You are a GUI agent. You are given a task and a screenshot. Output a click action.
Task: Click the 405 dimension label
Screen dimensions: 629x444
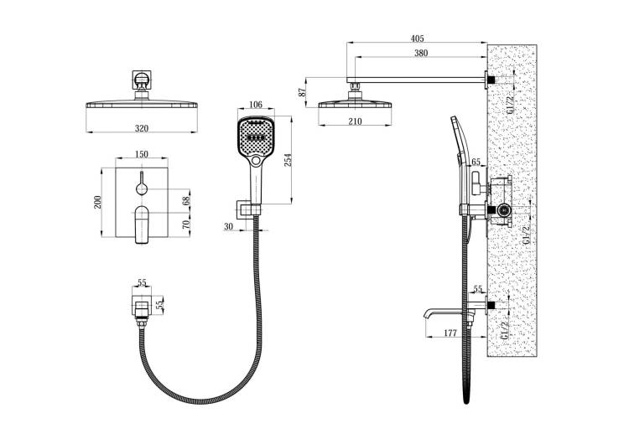[x=417, y=39]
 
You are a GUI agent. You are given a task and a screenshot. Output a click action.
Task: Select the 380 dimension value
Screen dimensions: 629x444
[x=421, y=53]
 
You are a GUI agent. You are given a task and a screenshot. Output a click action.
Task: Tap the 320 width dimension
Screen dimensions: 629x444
[x=141, y=129]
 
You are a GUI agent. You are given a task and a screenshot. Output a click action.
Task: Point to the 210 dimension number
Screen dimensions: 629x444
[x=355, y=121]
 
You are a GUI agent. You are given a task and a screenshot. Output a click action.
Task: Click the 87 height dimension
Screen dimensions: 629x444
[x=304, y=92]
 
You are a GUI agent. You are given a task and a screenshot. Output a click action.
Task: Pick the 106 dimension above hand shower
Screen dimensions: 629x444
[x=256, y=105]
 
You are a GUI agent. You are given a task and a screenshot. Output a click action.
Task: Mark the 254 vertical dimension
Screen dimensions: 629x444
[x=288, y=160]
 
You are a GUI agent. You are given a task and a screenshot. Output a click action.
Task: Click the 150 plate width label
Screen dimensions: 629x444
[x=141, y=154]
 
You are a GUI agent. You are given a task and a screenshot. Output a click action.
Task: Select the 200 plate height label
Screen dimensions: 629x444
[x=97, y=202]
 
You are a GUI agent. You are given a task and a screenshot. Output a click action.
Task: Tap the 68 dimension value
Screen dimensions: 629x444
[x=186, y=201]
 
